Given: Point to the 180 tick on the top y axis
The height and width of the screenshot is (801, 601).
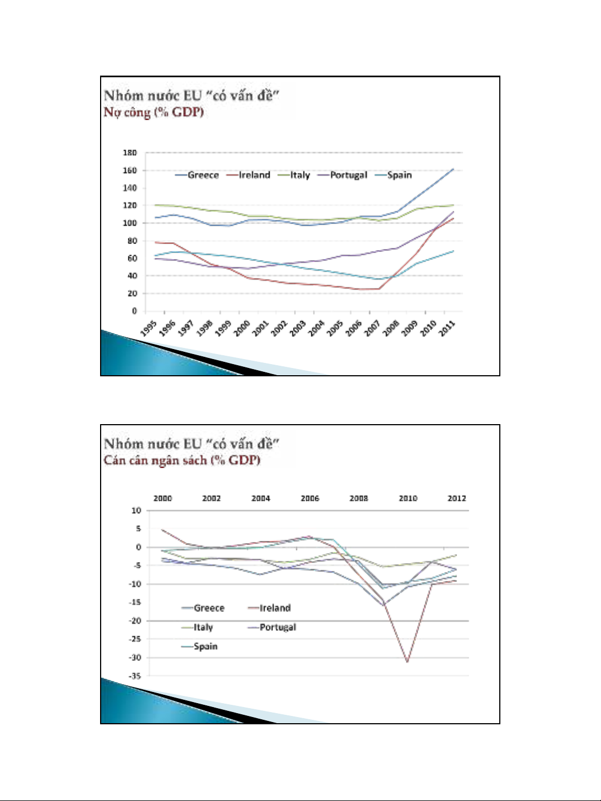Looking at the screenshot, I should [x=130, y=153].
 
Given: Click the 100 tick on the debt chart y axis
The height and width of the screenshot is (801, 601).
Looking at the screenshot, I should [x=130, y=223].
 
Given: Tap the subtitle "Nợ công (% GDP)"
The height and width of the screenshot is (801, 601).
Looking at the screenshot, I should [x=154, y=112].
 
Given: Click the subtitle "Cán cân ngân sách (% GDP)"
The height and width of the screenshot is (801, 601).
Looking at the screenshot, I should [x=182, y=460].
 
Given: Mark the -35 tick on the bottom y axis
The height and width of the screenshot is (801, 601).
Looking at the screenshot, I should [x=135, y=676].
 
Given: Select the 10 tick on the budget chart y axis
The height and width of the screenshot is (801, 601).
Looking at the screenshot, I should [x=137, y=510].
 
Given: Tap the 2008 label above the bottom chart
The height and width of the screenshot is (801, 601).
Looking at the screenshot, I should [x=359, y=499].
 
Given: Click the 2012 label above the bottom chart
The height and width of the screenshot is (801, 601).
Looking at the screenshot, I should [x=457, y=499].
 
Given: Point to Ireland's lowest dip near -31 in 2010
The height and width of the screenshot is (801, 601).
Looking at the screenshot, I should [x=408, y=661].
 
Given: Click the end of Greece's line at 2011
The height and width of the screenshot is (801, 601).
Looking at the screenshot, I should [x=454, y=169].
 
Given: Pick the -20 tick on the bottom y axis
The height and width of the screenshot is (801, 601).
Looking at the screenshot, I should [x=135, y=621].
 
